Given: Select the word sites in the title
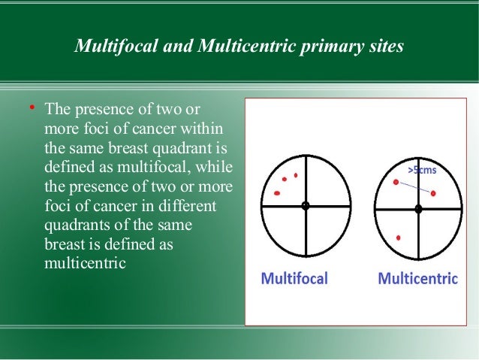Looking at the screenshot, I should pyautogui.click(x=384, y=47).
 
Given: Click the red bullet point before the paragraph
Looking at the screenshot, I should pyautogui.click(x=32, y=109).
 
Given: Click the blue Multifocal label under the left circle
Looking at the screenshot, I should pyautogui.click(x=294, y=279).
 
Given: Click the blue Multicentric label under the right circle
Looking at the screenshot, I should pyautogui.click(x=417, y=279).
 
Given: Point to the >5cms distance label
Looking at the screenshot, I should pyautogui.click(x=422, y=171).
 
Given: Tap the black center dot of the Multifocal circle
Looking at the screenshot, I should pyautogui.click(x=305, y=206).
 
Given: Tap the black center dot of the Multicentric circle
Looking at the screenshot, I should pyautogui.click(x=418, y=209).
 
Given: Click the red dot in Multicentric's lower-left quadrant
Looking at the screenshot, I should pyautogui.click(x=398, y=237).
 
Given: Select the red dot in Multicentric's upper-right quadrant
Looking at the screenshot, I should pyautogui.click(x=433, y=194).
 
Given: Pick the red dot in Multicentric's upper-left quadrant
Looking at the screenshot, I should pyautogui.click(x=396, y=183).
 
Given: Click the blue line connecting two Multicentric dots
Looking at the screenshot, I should pyautogui.click(x=414, y=188).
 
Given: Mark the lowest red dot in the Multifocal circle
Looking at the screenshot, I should pyautogui.click(x=277, y=194).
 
